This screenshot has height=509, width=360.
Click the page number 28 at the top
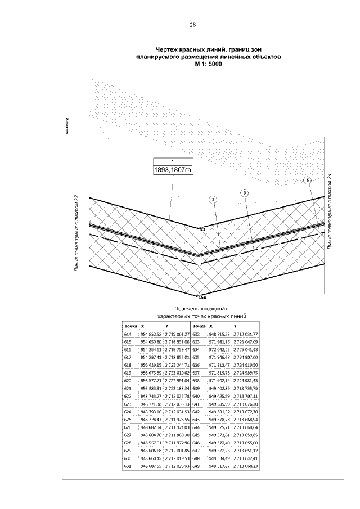point(192,25)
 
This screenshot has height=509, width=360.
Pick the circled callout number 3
point(245,193)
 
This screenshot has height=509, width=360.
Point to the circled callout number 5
point(307,180)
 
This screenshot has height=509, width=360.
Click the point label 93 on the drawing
point(202,229)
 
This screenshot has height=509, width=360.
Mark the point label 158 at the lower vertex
point(203,296)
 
